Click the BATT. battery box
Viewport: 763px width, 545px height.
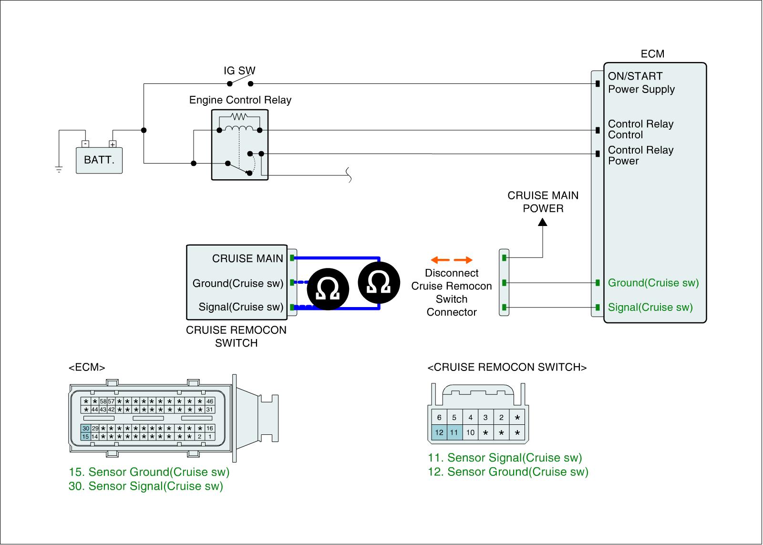click(x=99, y=160)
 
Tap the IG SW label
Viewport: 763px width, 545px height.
click(x=239, y=71)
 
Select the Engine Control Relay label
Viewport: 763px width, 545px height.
click(x=240, y=100)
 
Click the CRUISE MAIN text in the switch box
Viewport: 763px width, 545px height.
click(x=247, y=258)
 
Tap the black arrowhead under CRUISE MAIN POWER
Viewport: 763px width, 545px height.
click(x=543, y=222)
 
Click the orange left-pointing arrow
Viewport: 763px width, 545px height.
click(x=439, y=260)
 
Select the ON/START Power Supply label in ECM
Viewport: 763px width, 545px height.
click(x=641, y=82)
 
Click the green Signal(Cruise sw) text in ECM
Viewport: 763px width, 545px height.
click(x=650, y=308)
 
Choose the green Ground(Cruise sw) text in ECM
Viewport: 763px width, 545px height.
click(x=653, y=283)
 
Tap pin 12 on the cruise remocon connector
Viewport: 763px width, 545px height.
click(x=439, y=433)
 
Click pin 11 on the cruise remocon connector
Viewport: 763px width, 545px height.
click(x=454, y=433)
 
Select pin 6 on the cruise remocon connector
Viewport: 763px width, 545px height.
click(x=439, y=418)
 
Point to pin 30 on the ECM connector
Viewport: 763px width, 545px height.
click(x=86, y=429)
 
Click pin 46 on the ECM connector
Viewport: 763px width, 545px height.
click(x=209, y=401)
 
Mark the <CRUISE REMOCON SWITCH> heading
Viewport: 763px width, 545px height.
click(x=507, y=367)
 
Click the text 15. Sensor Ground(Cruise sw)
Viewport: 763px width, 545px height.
click(x=149, y=472)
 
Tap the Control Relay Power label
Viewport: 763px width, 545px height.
click(x=640, y=155)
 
